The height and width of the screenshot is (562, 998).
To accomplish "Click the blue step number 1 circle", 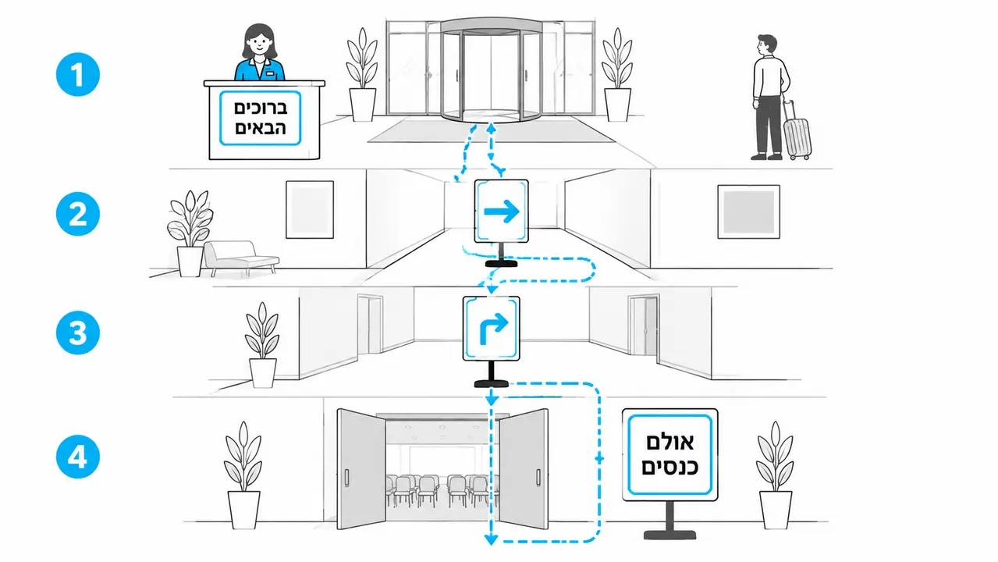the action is (78, 74).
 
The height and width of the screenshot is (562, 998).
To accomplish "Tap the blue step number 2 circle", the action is (78, 214).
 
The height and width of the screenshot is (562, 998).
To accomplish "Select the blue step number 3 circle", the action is (78, 333).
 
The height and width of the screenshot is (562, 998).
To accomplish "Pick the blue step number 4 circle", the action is (78, 457).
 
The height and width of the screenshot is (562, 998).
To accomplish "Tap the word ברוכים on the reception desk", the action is (261, 108).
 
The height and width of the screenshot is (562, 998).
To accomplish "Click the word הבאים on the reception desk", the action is (261, 128).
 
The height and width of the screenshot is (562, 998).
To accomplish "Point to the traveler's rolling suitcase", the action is (797, 130).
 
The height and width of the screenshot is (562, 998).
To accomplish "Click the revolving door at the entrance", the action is (491, 70).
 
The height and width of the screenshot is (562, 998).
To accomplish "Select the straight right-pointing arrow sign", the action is (501, 212).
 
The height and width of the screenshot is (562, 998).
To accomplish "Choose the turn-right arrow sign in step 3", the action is (492, 329).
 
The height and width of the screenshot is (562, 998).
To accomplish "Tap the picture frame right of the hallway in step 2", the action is (748, 212).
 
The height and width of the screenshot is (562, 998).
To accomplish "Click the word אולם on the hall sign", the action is (669, 442).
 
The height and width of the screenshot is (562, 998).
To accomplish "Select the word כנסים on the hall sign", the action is (669, 467).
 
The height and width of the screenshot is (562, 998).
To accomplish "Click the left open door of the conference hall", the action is (360, 469).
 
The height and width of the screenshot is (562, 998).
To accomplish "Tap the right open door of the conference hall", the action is (524, 469).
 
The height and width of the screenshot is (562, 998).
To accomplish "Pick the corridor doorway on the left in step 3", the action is (370, 325).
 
